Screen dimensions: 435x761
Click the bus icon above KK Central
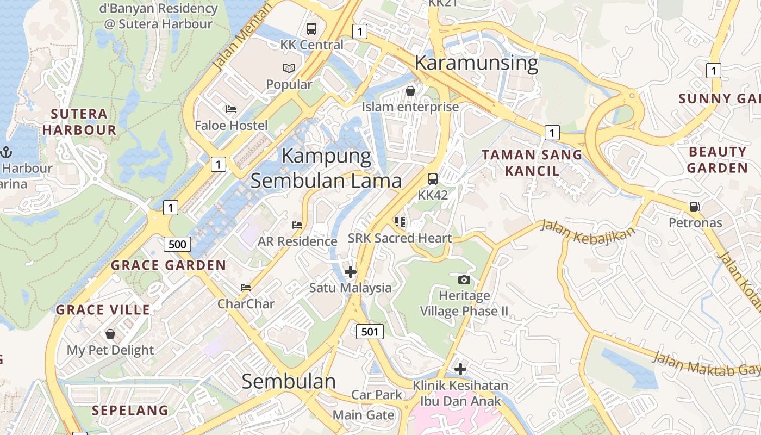[311, 28]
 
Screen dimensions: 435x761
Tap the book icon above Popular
[289, 69]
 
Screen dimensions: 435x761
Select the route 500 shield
[177, 244]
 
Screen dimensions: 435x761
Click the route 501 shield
[370, 331]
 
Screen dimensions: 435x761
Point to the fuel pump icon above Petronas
[695, 207]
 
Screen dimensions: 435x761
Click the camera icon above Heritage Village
[464, 279]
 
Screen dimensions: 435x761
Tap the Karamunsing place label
[476, 63]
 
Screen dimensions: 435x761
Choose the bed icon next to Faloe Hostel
[231, 109]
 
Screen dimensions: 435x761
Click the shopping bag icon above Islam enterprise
[410, 91]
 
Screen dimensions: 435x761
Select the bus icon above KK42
[433, 178]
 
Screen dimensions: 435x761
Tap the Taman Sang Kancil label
[532, 163]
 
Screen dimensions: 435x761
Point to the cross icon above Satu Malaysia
[351, 271]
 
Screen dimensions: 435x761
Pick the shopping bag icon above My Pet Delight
[110, 333]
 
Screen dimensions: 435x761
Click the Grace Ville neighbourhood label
[103, 310]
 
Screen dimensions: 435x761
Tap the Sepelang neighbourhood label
[130, 410]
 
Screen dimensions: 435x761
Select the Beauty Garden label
[718, 159]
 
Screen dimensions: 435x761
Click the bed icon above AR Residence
[297, 225]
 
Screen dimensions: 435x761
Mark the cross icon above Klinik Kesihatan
[460, 369]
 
